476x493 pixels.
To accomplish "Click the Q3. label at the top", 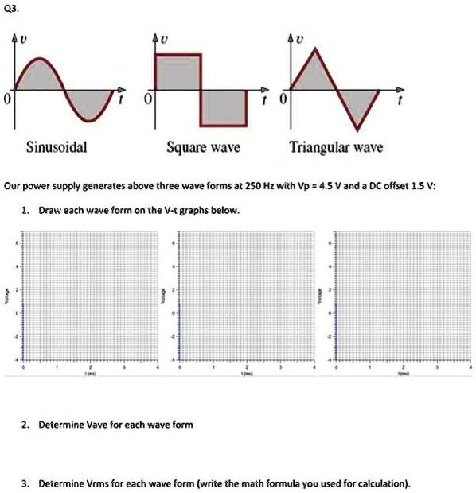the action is point(11,10).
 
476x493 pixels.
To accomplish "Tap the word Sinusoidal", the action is point(57,147).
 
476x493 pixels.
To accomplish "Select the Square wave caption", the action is point(203,147).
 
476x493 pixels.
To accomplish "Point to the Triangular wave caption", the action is point(336,147).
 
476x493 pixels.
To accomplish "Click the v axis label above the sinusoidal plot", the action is point(29,38).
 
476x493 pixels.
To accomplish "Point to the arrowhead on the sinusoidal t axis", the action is point(121,89).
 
